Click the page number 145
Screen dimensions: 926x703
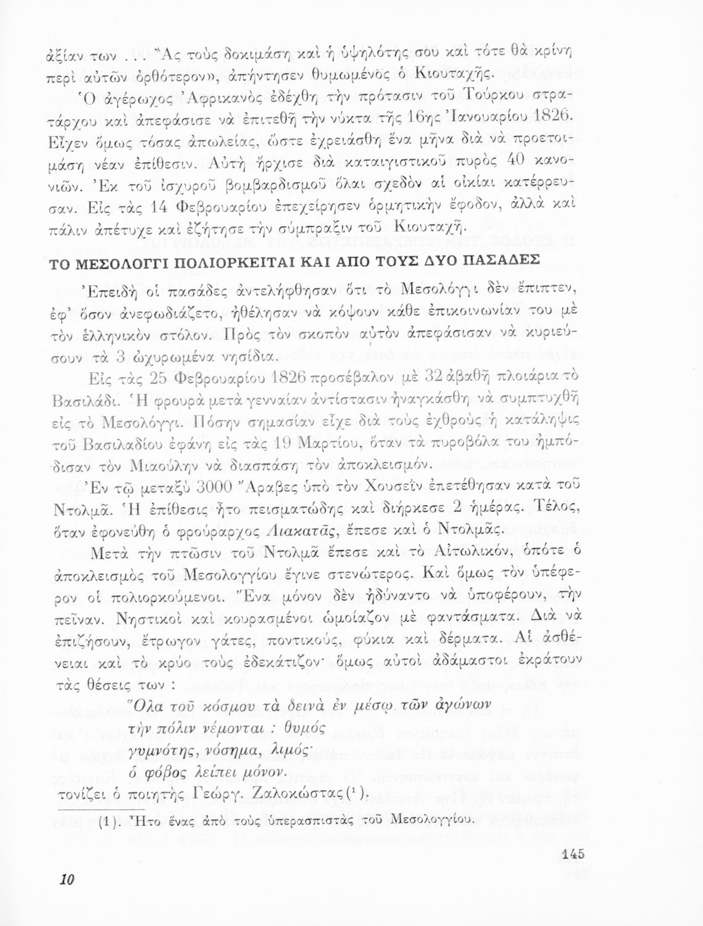click(573, 855)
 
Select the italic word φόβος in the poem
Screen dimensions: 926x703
click(164, 772)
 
